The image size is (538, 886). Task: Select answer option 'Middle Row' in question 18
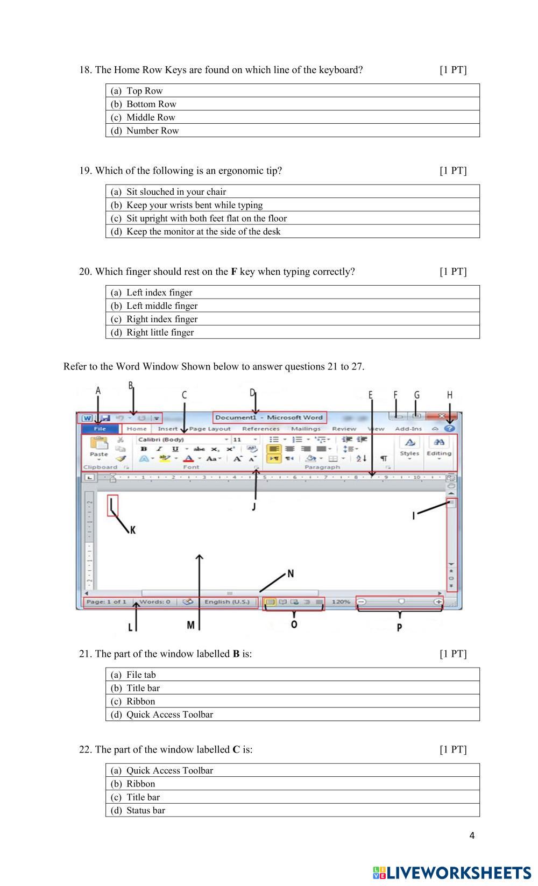(x=151, y=117)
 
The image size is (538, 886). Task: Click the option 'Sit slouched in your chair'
(x=176, y=192)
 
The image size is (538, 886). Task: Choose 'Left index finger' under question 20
(x=159, y=293)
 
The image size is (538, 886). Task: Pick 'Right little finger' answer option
(x=160, y=332)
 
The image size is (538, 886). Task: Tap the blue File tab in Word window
(x=100, y=429)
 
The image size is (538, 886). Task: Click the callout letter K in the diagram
(x=132, y=530)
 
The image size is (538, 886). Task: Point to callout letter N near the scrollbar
(x=291, y=573)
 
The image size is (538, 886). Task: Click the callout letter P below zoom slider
(x=399, y=627)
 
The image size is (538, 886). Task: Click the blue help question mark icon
(x=450, y=429)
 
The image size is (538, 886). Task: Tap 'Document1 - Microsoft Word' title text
(x=269, y=417)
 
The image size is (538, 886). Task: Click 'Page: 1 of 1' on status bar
(x=106, y=602)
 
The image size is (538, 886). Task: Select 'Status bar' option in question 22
(x=145, y=810)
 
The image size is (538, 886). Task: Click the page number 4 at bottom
(x=472, y=835)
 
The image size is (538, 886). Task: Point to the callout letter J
(x=253, y=506)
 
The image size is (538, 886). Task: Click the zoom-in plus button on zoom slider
(x=439, y=602)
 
